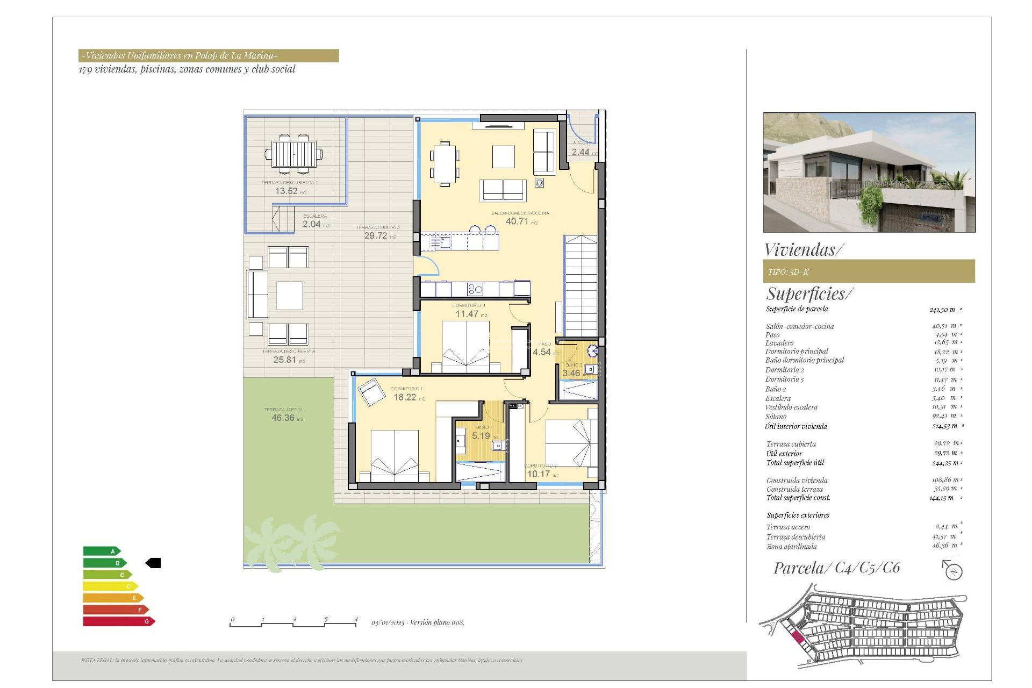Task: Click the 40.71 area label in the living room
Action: [517, 221]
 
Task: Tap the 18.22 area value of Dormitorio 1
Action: [405, 397]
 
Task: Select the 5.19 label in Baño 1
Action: [481, 436]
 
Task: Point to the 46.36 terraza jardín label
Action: [283, 418]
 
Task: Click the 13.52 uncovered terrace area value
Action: [286, 191]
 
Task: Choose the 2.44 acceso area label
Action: [580, 152]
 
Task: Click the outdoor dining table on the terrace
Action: [293, 154]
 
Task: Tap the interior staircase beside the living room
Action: [580, 285]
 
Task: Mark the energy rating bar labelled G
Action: [118, 621]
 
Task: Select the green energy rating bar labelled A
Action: [101, 551]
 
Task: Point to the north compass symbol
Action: [953, 571]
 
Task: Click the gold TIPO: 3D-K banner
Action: [869, 271]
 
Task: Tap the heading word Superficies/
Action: [809, 294]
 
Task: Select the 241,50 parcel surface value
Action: [942, 310]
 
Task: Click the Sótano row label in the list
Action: [776, 417]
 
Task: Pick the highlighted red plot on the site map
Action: [798, 638]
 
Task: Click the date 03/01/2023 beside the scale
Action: [388, 622]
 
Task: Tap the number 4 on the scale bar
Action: [356, 619]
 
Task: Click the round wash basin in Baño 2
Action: [592, 352]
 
